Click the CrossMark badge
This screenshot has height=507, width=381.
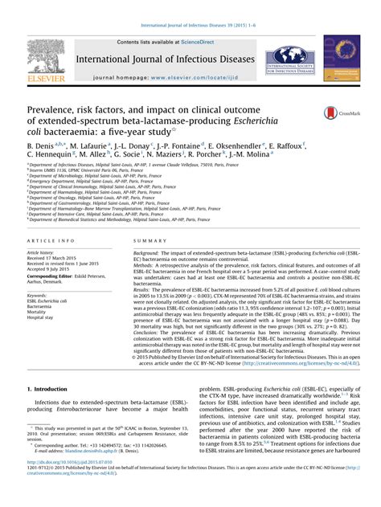click(x=338, y=113)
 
